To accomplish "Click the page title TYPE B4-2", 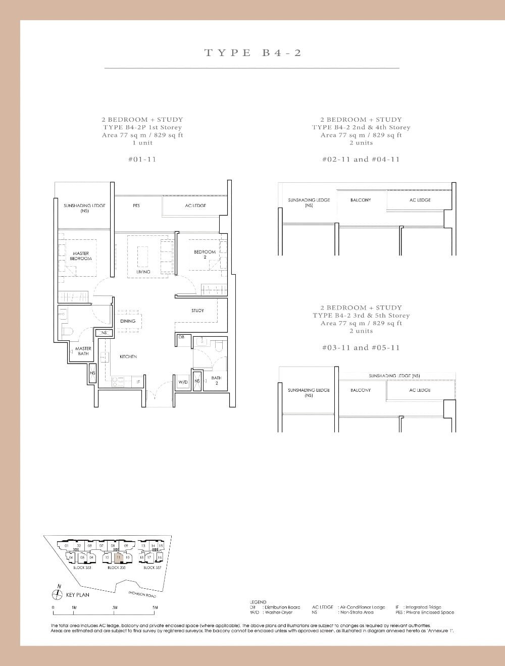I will coord(252,53).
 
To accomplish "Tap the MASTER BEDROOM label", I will coord(81,256).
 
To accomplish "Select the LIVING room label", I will coord(143,272).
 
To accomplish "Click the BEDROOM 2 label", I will coord(205,254).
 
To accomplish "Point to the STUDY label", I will coord(197,311).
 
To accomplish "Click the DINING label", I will coord(128,321).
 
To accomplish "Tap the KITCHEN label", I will coord(128,356).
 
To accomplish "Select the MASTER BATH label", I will coord(83,351).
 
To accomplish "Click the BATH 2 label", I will coord(216,380).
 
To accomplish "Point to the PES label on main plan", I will coord(136,206).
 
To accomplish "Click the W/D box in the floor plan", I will coord(183,382).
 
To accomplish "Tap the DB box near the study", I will coord(181,337).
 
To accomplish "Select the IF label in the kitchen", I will coord(138,382).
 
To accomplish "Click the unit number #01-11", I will coord(142,159).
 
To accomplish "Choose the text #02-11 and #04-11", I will coord(361,159).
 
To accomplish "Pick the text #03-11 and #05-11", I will coord(361,347).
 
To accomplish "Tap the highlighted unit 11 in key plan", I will coord(118,557).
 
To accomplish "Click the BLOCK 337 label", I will coord(152,568).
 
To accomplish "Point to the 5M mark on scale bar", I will coord(155,607).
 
